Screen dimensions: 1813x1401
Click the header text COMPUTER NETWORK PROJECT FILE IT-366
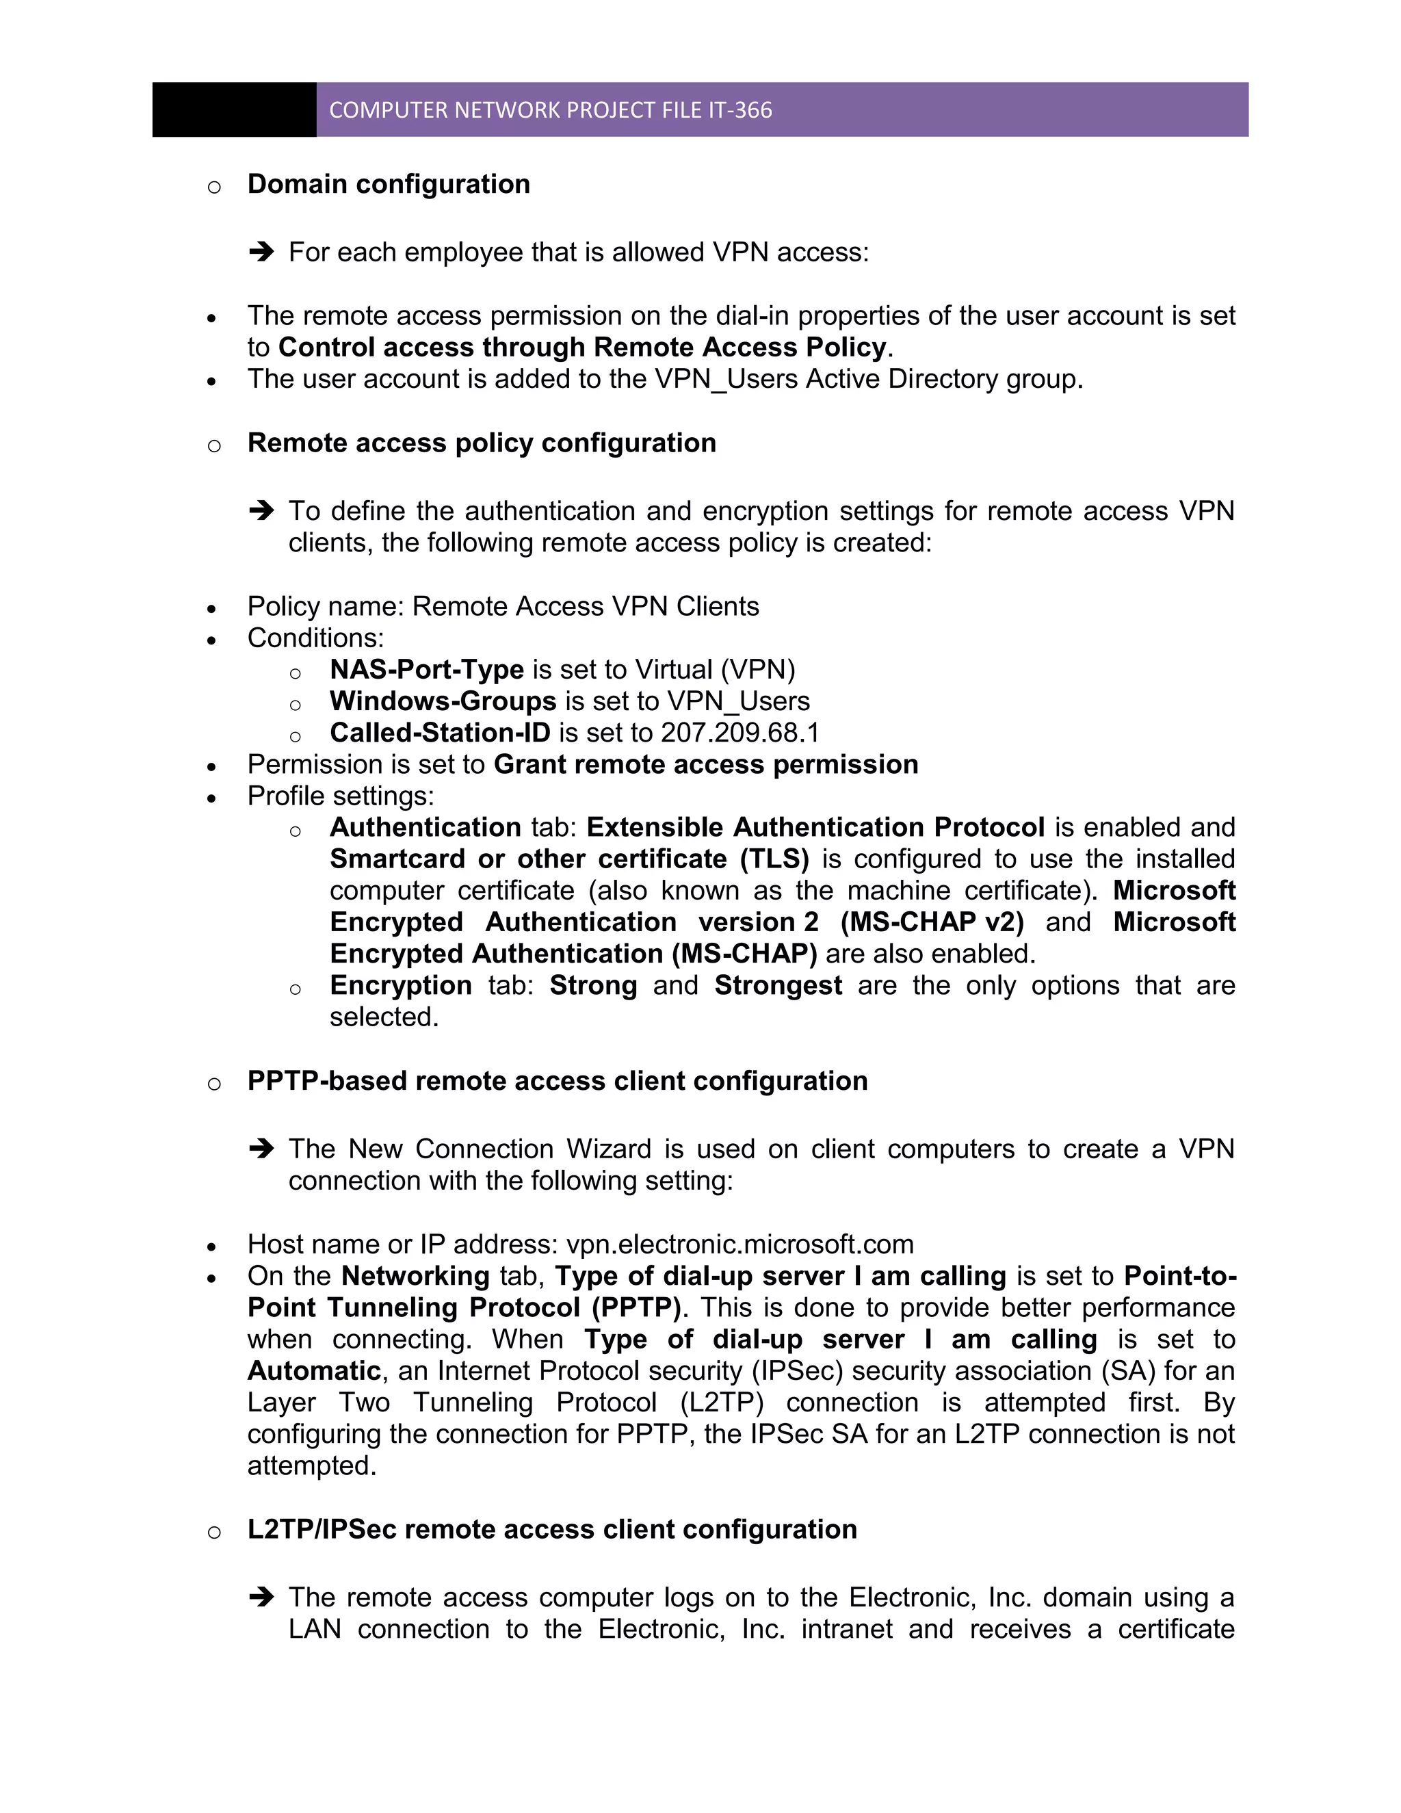550,110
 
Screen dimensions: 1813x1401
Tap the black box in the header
234,109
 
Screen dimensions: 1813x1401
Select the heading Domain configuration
389,184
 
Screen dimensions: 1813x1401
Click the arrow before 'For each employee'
261,252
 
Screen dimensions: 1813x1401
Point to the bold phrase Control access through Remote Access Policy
582,347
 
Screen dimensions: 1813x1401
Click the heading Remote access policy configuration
482,443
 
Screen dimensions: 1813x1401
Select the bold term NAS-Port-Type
427,670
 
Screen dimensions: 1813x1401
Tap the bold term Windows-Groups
443,701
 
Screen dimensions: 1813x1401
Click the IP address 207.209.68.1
739,733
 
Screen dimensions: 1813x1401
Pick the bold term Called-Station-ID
440,733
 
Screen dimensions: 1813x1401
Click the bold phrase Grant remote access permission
705,765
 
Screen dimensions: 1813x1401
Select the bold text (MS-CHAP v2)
932,922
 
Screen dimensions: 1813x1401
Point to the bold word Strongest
778,985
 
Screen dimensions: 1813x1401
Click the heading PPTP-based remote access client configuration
557,1082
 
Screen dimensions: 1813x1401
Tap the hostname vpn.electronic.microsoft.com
739,1244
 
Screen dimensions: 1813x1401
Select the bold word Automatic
314,1370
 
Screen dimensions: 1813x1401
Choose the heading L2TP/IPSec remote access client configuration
552,1530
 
